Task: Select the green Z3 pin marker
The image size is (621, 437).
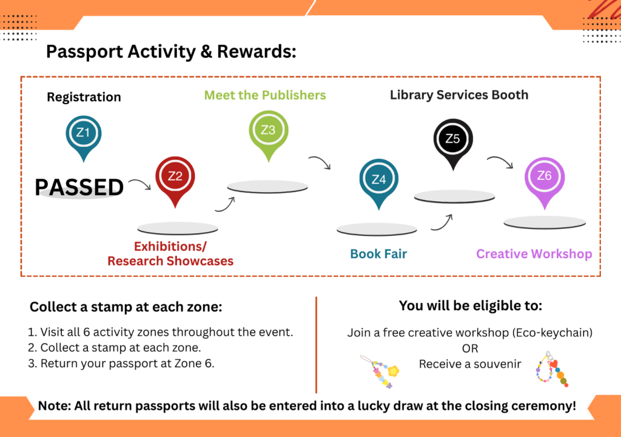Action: (x=269, y=135)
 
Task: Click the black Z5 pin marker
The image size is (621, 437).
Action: (x=453, y=143)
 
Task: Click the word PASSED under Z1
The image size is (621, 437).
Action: (x=79, y=187)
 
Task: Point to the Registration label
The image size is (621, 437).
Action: (x=84, y=97)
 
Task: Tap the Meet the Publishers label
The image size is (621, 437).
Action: (x=265, y=95)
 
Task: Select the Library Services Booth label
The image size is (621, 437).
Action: (x=459, y=95)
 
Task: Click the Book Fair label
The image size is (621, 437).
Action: (x=378, y=254)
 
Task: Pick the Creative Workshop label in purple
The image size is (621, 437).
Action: (x=534, y=254)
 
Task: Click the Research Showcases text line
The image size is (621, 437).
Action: (x=170, y=261)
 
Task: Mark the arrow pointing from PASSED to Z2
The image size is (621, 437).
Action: (x=140, y=183)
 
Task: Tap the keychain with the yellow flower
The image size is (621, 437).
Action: (x=381, y=372)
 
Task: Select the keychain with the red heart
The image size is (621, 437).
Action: (x=552, y=369)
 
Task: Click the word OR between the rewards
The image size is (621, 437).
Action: (x=470, y=349)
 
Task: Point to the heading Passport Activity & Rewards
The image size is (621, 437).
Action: (x=171, y=52)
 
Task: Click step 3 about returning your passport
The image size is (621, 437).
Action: (x=121, y=364)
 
